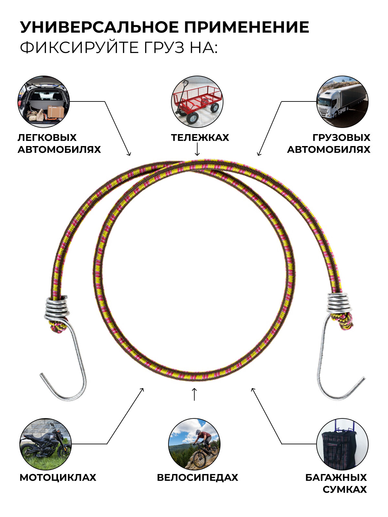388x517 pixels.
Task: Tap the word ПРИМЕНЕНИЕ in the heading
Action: tap(247, 27)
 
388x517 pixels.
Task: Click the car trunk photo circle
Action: tap(44, 102)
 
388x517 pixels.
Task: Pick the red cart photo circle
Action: tap(197, 102)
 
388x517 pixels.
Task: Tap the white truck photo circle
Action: tap(342, 102)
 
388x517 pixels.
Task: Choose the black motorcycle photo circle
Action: tap(45, 444)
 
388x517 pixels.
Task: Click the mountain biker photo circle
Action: tap(194, 444)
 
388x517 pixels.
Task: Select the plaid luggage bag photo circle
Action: tap(342, 444)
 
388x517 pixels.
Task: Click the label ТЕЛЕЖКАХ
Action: tap(200, 138)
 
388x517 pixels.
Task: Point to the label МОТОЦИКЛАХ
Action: tap(58, 478)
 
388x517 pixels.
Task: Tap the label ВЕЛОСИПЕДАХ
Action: tap(197, 478)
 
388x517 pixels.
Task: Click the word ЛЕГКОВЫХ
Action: tap(47, 138)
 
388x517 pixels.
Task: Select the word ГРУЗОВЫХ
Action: tap(341, 138)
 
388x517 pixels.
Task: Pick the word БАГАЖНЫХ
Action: tap(336, 478)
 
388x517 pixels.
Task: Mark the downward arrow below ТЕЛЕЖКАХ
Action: tap(197, 149)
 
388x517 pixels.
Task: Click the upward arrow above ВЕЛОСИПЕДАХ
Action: tap(194, 394)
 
